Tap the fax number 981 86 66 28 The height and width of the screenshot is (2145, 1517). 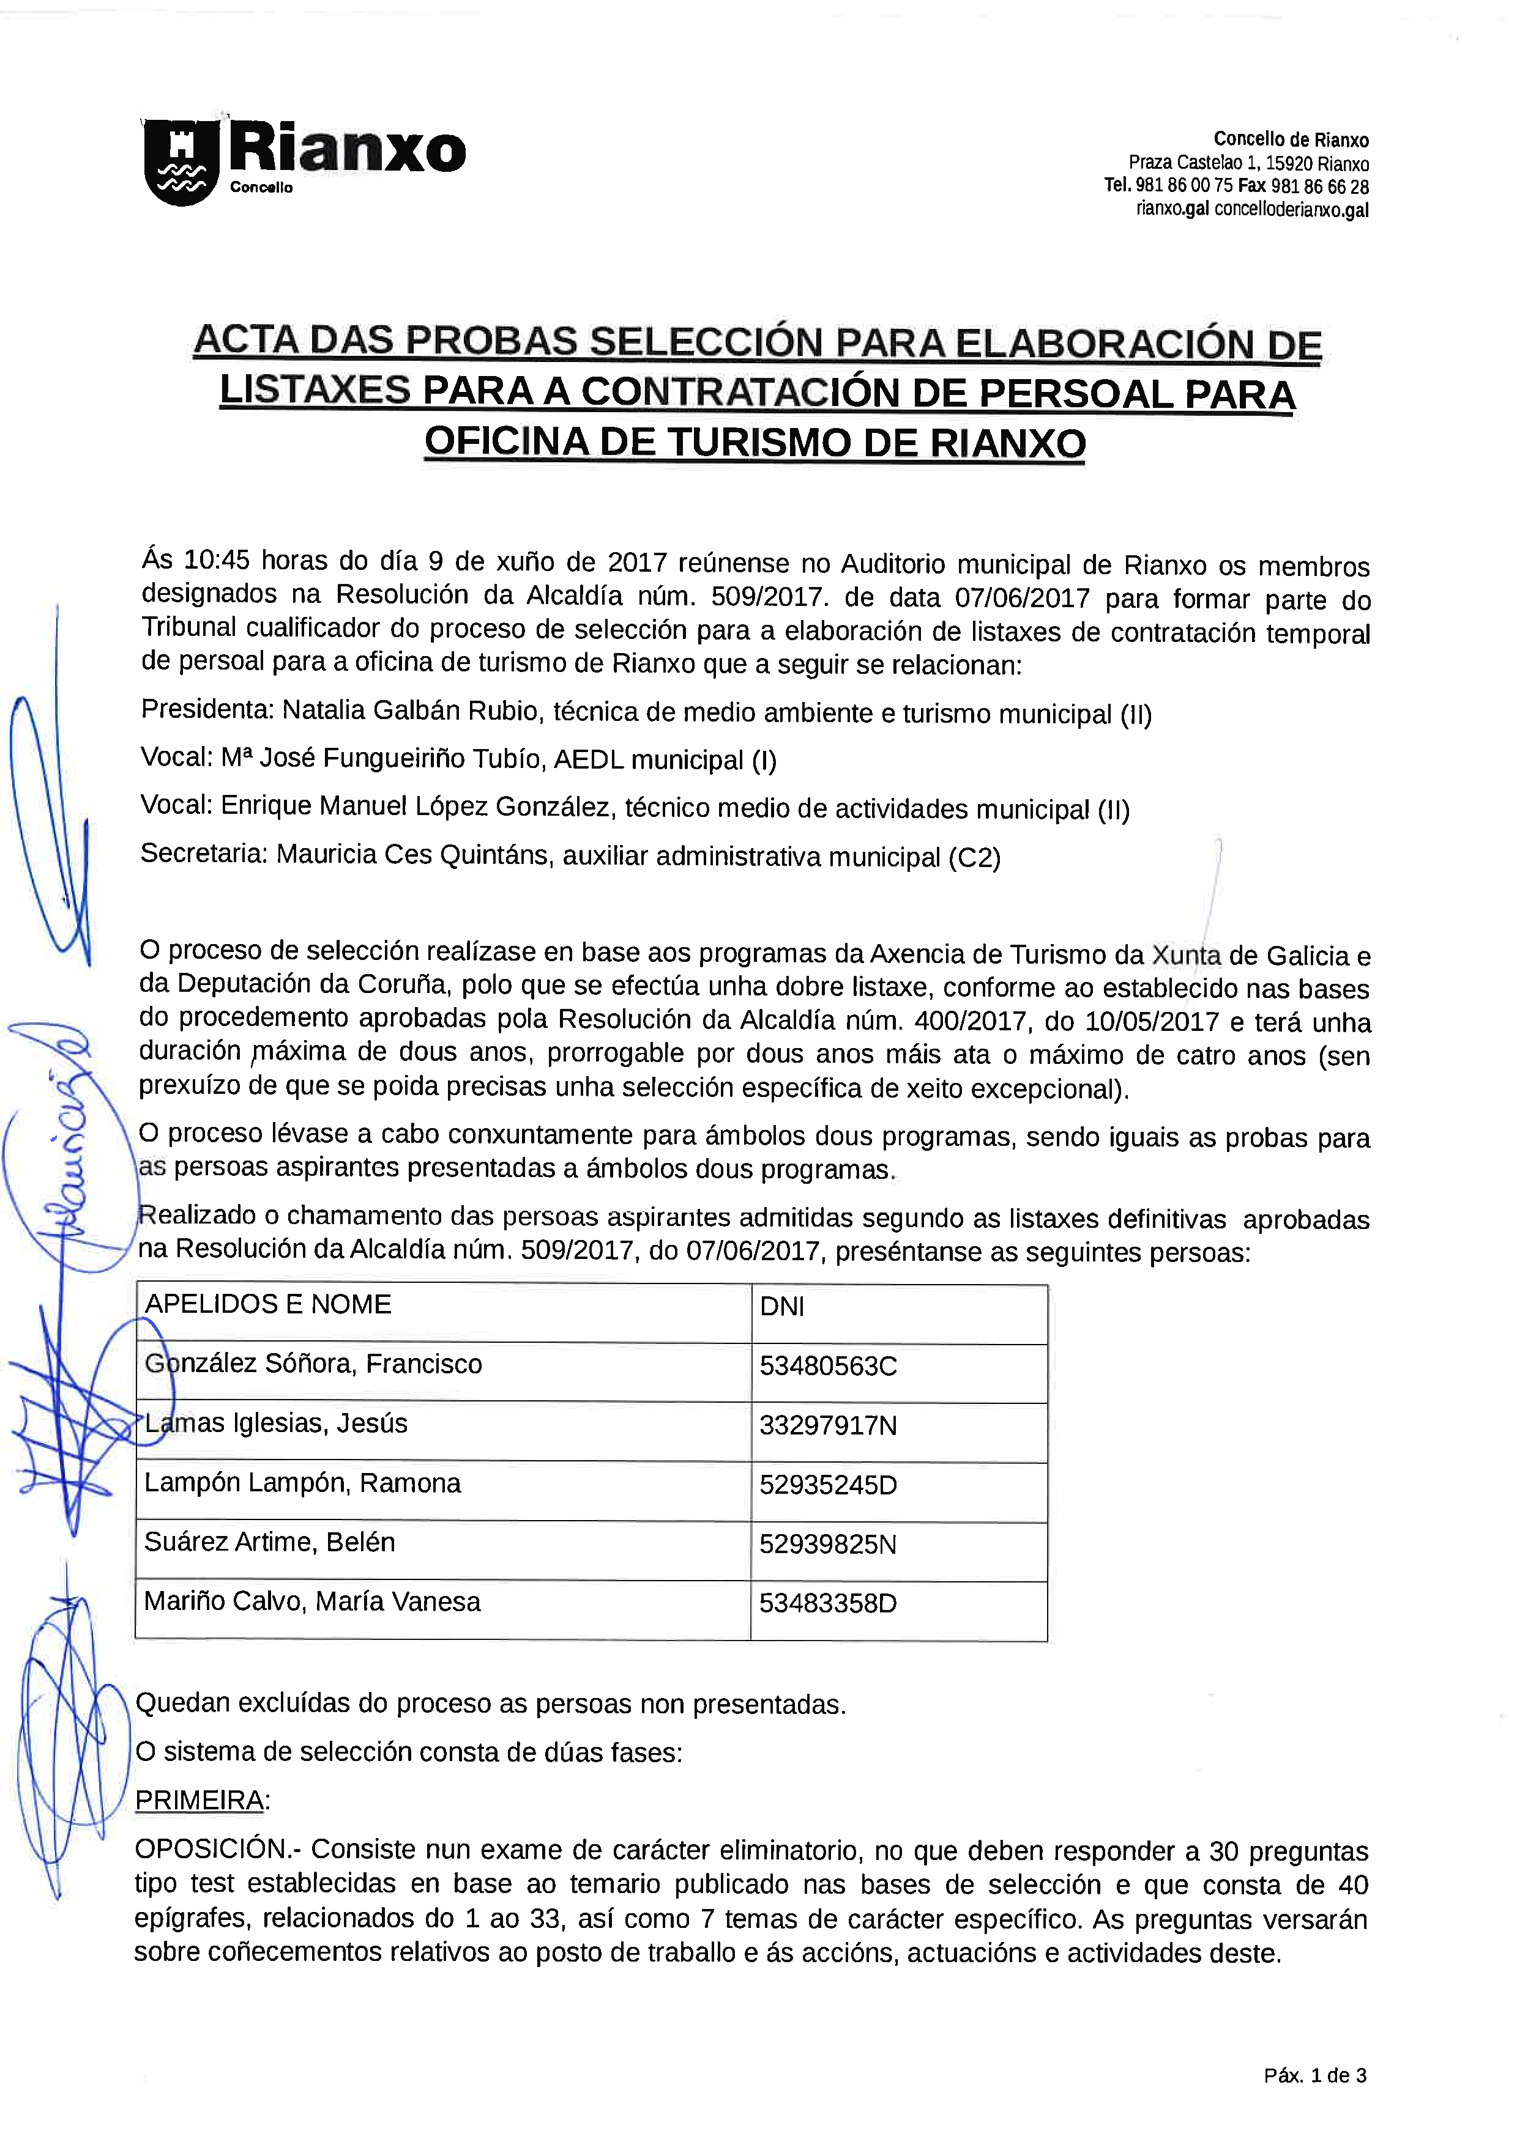coord(1320,187)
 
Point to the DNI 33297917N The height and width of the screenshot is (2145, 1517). coord(828,1426)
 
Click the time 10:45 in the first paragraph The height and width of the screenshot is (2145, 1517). coord(217,559)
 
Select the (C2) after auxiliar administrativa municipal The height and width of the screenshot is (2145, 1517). coord(974,857)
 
